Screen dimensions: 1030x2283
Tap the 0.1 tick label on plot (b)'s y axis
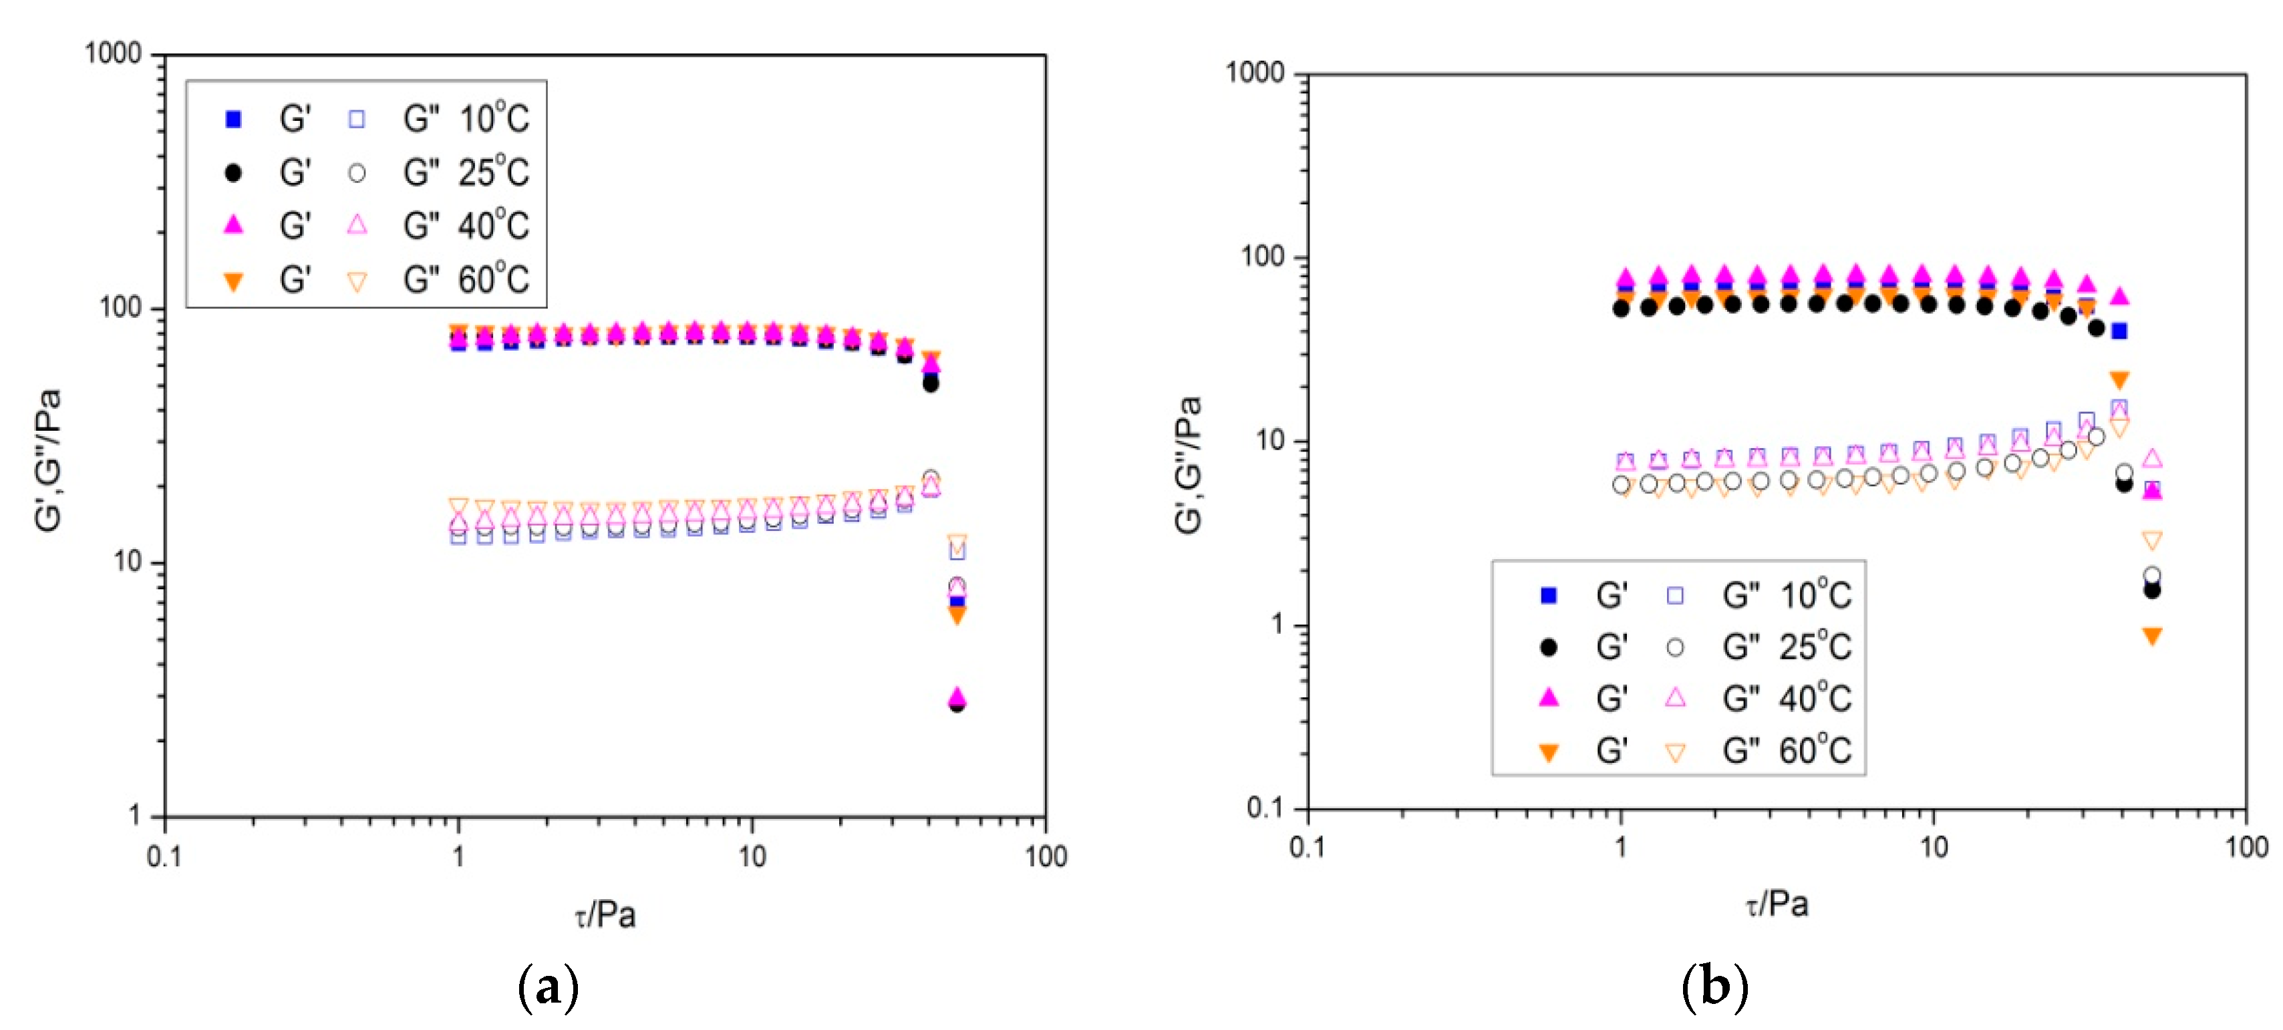coord(1265,807)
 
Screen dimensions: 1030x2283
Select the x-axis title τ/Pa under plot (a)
coord(605,914)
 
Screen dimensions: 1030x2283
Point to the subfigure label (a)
coord(548,986)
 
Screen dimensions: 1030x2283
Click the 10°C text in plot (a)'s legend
coord(494,118)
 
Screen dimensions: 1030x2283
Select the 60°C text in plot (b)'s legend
coord(1814,750)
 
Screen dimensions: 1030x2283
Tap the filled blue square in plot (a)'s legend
coord(233,119)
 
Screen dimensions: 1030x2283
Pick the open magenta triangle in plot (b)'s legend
coord(1675,697)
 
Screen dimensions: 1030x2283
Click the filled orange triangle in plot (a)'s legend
coord(233,282)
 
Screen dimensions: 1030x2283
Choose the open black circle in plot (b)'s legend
coord(1675,647)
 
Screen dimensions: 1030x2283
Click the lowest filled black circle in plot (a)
coord(956,705)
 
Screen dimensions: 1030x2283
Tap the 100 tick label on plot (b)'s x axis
coord(2246,846)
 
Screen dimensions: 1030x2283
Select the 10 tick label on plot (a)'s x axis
coord(752,856)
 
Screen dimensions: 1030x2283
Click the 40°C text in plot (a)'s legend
coord(494,225)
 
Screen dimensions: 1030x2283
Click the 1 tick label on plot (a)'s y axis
coord(135,815)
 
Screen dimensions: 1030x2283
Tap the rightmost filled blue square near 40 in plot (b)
coord(2119,331)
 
